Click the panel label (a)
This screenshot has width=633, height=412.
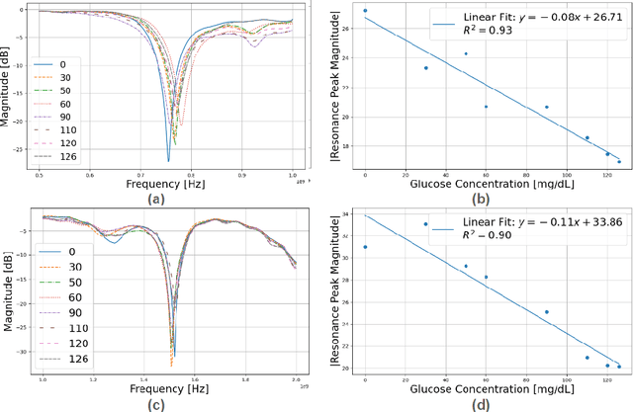coord(154,197)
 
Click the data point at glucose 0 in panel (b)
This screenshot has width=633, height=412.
coord(365,11)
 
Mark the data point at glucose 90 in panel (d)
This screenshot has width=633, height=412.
coord(546,312)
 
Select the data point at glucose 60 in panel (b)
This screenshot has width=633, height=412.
coord(486,107)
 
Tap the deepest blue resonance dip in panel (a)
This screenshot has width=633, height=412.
coord(168,160)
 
